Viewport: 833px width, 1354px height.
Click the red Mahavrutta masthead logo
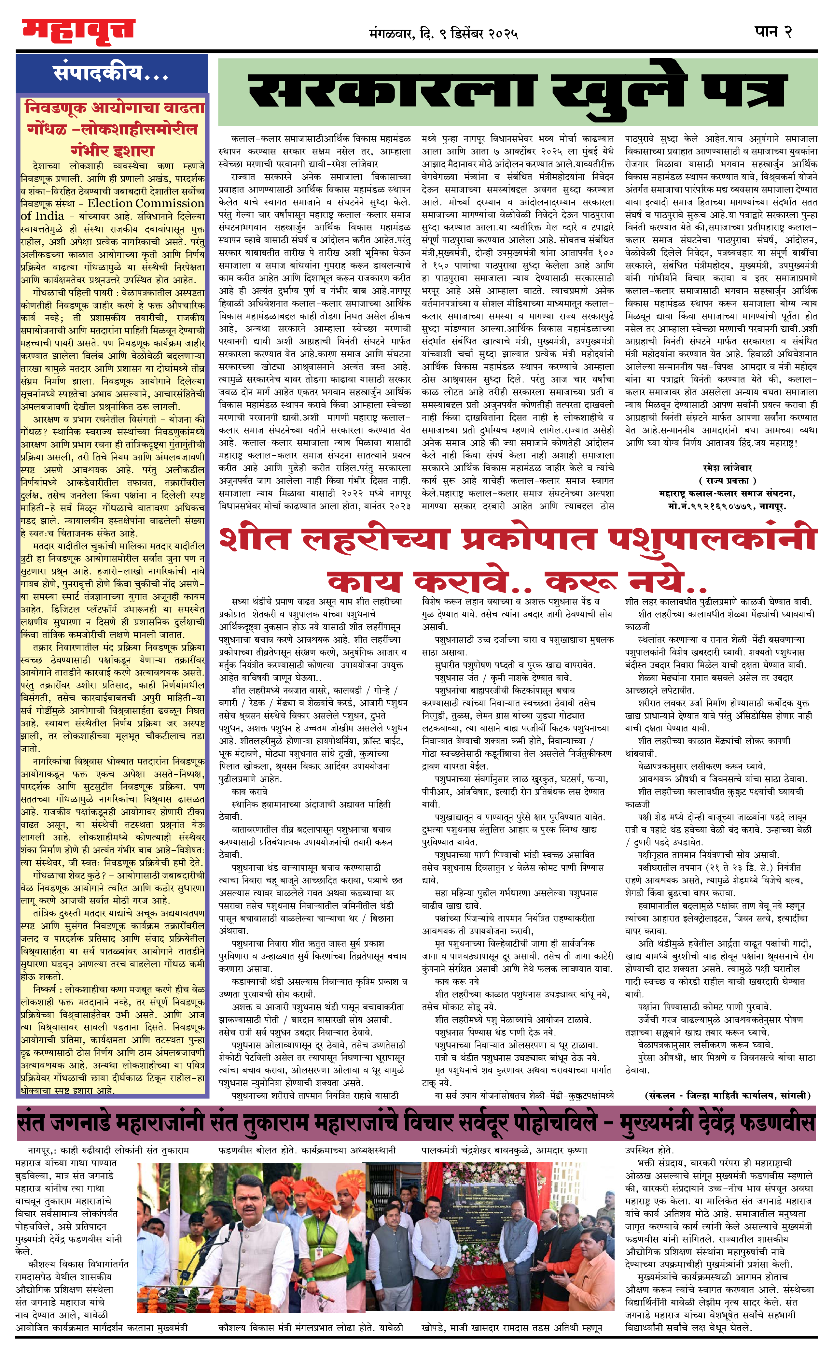78,31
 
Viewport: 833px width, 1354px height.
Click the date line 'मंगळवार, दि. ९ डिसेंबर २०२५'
443,34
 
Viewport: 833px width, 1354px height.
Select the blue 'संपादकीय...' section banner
111,73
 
